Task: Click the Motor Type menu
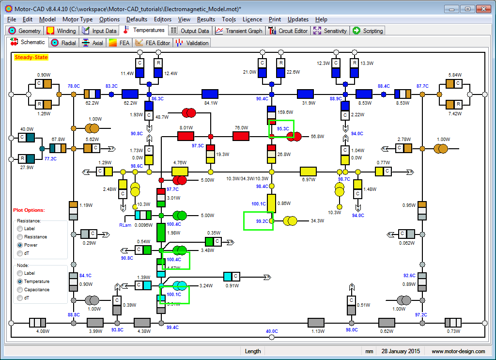coord(77,19)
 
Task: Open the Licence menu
coord(252,19)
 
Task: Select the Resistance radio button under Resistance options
coord(20,237)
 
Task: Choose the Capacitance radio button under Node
coord(20,290)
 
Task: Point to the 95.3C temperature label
coord(283,129)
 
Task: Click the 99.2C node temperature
coord(262,221)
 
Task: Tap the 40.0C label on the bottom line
coord(272,331)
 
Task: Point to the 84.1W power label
coord(210,103)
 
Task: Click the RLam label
coord(125,225)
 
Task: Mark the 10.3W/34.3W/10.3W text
coord(247,179)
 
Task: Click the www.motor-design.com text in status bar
coord(458,351)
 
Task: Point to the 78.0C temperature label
coord(74,86)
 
